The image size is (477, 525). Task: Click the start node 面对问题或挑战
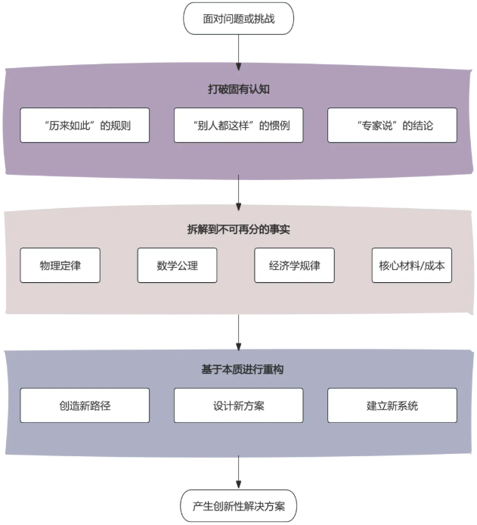(x=238, y=19)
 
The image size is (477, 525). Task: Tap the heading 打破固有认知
(x=238, y=89)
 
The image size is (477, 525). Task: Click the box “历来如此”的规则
(x=85, y=126)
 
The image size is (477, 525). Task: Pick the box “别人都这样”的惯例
(x=238, y=126)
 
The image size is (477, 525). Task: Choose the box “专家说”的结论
(x=392, y=126)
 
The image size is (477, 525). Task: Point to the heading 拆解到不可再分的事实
(x=238, y=229)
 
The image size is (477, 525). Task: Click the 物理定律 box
(x=60, y=266)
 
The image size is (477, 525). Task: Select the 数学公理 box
(x=178, y=266)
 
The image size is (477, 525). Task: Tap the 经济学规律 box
(x=295, y=266)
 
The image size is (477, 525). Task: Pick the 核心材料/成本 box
(x=412, y=266)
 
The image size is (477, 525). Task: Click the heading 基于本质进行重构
(x=238, y=370)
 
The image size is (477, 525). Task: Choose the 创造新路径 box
(x=85, y=405)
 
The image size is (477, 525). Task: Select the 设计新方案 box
(x=238, y=405)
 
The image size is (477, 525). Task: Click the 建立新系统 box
(x=392, y=405)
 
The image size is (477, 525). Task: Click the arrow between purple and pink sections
(x=238, y=192)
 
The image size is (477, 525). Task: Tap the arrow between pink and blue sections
(x=238, y=331)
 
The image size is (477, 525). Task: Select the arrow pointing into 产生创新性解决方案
(x=238, y=473)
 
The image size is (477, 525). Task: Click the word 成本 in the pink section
(x=434, y=266)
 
